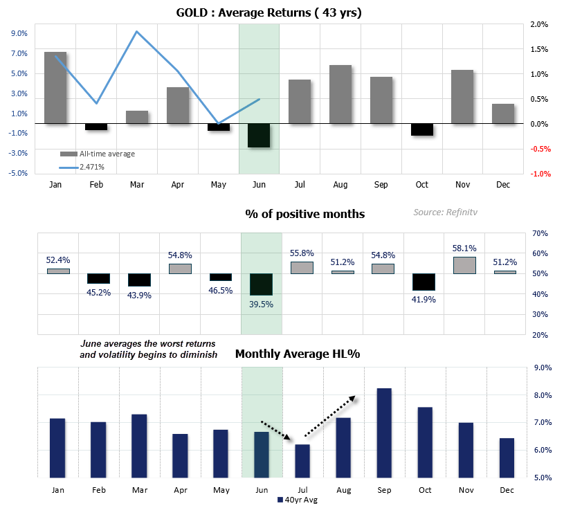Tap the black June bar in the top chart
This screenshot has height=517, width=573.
(259, 136)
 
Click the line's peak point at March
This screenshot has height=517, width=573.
(137, 32)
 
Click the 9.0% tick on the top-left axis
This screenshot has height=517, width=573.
(19, 33)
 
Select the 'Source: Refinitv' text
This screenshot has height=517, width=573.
(446, 213)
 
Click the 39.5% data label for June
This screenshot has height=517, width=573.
(262, 303)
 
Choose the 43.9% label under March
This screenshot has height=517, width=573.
(139, 294)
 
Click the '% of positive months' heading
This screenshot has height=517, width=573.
(304, 214)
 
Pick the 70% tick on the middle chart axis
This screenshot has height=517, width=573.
(540, 233)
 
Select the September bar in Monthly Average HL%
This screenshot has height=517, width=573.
(383, 433)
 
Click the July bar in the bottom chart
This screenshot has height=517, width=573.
(302, 461)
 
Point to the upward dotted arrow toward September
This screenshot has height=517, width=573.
(330, 417)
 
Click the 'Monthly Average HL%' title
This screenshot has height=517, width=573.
(298, 354)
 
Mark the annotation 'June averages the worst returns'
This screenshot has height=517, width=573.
(147, 344)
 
